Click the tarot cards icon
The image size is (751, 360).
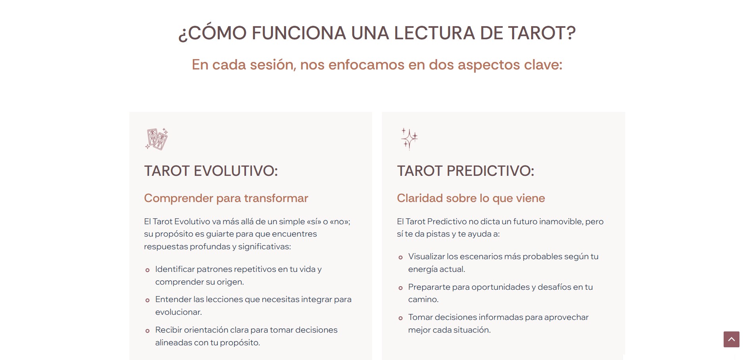click(157, 139)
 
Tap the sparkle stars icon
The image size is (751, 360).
click(409, 139)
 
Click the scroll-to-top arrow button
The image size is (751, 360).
click(731, 339)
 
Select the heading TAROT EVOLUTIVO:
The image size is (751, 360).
click(211, 171)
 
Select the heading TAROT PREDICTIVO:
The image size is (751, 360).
click(466, 171)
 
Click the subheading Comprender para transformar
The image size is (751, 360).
click(226, 198)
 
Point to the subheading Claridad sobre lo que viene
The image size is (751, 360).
click(471, 198)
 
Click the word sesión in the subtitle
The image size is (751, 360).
click(273, 65)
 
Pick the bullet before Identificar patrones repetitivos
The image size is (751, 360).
click(148, 270)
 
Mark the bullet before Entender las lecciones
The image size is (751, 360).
click(148, 300)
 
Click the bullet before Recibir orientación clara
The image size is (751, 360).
click(148, 331)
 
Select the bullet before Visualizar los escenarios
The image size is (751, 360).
click(401, 258)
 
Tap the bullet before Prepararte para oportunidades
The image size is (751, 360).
click(401, 288)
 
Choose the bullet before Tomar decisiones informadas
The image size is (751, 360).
click(401, 318)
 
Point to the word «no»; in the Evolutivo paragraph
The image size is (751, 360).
click(340, 221)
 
